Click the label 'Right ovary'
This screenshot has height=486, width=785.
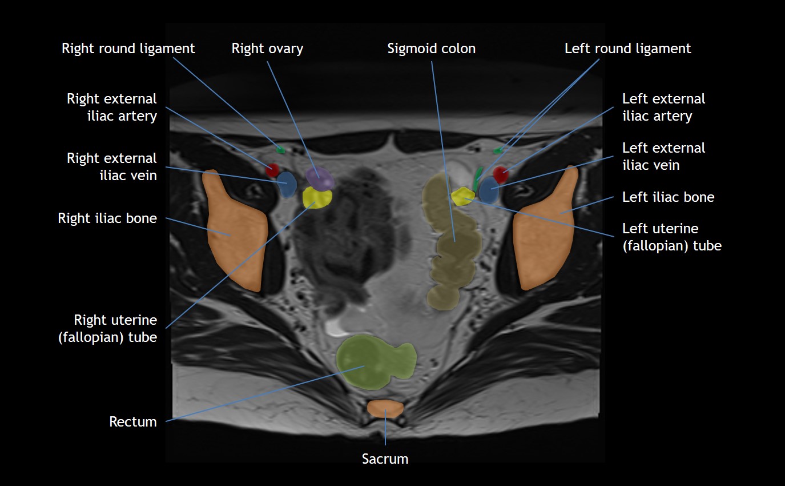(267, 49)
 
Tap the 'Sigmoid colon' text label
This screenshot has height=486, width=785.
(431, 49)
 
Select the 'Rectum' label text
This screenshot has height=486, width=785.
(133, 422)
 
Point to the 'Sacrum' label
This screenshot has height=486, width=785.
(385, 459)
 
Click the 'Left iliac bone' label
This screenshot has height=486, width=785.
(668, 197)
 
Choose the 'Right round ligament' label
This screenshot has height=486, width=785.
(128, 49)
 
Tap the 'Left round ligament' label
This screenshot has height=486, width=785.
(627, 49)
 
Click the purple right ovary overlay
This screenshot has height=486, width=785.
(320, 178)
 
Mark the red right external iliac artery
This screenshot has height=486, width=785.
(272, 170)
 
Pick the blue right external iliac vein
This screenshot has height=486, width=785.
(287, 185)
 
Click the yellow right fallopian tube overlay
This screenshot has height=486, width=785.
(317, 198)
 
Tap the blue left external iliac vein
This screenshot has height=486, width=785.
(489, 190)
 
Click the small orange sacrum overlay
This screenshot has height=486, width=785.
(385, 408)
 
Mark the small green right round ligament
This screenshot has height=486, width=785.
(280, 150)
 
